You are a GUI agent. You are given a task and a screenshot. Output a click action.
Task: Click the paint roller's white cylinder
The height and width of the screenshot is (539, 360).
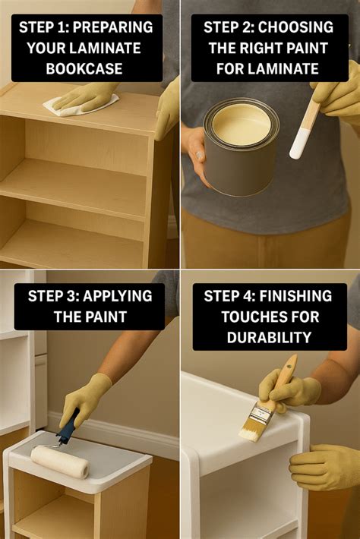point(60,461)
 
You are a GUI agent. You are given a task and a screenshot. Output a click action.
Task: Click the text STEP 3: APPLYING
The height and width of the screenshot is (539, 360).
point(89,295)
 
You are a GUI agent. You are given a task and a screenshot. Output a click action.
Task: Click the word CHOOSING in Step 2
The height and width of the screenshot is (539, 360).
point(295,27)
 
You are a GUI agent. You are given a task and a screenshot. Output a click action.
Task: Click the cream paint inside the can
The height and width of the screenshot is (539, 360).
point(241,122)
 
